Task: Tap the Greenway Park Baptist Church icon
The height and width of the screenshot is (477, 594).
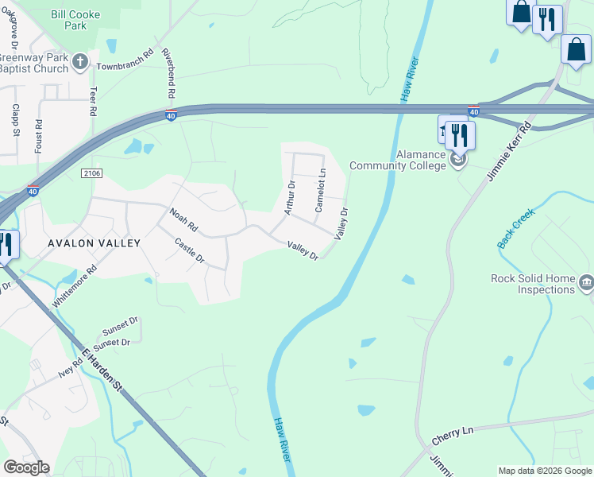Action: click(80, 61)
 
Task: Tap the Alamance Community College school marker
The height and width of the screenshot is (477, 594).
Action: click(458, 161)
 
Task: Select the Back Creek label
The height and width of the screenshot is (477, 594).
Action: click(517, 227)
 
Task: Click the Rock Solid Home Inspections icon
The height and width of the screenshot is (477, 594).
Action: click(586, 281)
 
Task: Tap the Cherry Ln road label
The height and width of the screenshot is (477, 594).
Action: click(452, 435)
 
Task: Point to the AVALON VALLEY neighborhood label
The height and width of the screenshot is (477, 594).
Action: click(94, 243)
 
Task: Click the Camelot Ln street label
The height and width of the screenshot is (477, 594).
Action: click(321, 190)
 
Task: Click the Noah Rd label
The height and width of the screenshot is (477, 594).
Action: click(183, 221)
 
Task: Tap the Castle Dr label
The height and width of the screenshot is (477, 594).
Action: click(190, 252)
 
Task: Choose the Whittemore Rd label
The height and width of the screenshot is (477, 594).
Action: click(74, 287)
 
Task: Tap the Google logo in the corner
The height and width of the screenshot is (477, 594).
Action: click(26, 467)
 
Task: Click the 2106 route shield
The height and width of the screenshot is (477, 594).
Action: click(92, 172)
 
